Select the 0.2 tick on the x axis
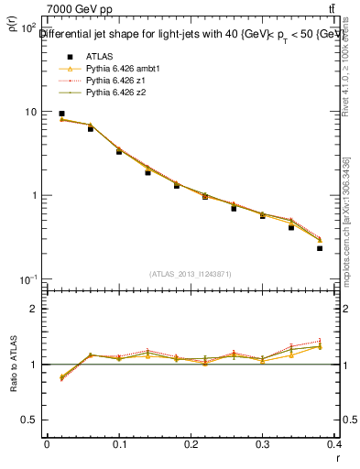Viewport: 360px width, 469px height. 191,443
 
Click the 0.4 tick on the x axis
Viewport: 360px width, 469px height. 334,443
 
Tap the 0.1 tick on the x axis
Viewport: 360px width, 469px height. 119,443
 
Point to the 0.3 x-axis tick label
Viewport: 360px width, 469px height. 262,443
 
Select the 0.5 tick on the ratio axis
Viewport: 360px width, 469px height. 29,420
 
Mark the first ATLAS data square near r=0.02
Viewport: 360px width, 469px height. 61,114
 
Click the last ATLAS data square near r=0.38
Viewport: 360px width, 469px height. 320,248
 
